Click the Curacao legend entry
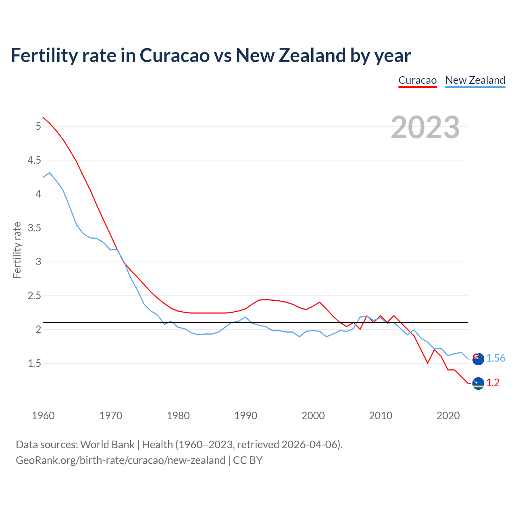point(417,80)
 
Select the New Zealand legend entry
point(475,80)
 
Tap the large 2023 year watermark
point(425,127)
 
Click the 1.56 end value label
point(495,358)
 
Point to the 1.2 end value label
point(493,383)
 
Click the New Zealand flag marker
point(478,359)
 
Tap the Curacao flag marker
point(478,383)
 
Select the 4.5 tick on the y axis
point(34,160)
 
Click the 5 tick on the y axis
point(38,127)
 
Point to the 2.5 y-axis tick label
point(34,296)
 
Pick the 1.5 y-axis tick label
point(34,364)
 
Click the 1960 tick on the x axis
point(43,416)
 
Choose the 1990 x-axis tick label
point(246,416)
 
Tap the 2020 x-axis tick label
point(448,416)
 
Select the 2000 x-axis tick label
point(313,416)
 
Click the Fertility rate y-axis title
point(17,250)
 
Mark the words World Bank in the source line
point(107,445)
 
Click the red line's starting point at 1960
point(43,117)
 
